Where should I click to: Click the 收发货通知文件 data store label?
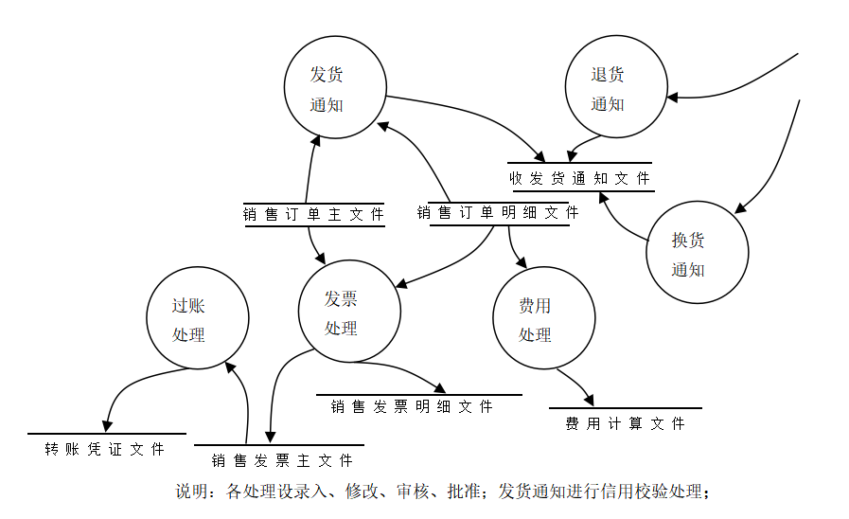click(x=579, y=178)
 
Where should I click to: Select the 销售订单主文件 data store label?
click(x=313, y=215)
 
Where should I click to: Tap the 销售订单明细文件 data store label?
click(x=498, y=212)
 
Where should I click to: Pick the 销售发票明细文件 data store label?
click(x=412, y=406)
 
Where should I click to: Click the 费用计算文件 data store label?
click(x=626, y=423)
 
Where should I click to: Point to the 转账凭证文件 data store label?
click(x=104, y=449)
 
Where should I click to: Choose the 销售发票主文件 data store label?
click(x=282, y=460)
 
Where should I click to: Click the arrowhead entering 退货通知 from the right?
click(x=673, y=98)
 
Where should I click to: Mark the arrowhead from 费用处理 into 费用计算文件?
click(x=589, y=401)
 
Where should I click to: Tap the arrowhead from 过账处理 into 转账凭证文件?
click(x=107, y=426)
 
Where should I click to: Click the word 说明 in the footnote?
click(x=191, y=492)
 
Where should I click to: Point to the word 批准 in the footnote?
click(x=464, y=492)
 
